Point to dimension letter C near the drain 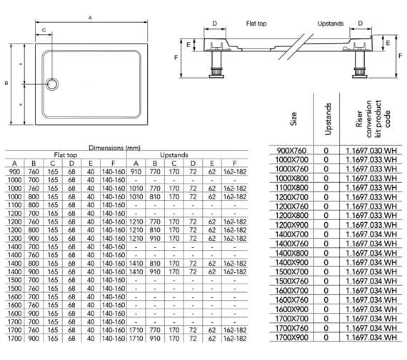[x=45, y=31]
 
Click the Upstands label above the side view [x=331, y=23]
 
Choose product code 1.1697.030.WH [x=370, y=151]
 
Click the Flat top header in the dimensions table [x=65, y=154]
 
